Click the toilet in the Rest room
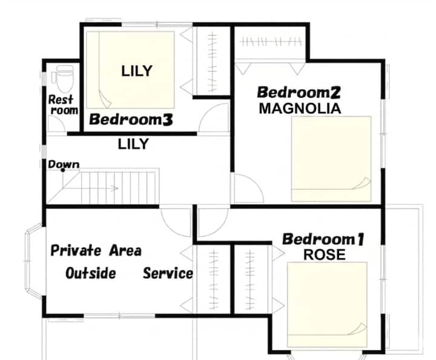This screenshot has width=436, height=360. [62, 79]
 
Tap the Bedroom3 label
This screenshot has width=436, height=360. [131, 119]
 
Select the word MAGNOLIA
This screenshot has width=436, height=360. [300, 108]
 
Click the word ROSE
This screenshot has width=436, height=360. [324, 255]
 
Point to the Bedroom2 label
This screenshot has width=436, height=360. [299, 93]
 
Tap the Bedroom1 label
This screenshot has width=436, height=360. [323, 239]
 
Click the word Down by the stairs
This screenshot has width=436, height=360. [64, 164]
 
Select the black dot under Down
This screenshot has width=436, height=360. [63, 170]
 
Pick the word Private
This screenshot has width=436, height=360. [76, 250]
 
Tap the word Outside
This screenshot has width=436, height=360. [91, 273]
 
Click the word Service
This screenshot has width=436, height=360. [168, 273]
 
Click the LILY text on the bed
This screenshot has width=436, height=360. [137, 72]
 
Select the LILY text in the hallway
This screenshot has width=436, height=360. [133, 144]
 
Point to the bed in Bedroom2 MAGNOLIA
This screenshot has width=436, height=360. [331, 159]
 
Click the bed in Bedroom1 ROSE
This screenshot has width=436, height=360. [327, 305]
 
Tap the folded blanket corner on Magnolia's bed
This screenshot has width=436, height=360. [362, 184]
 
